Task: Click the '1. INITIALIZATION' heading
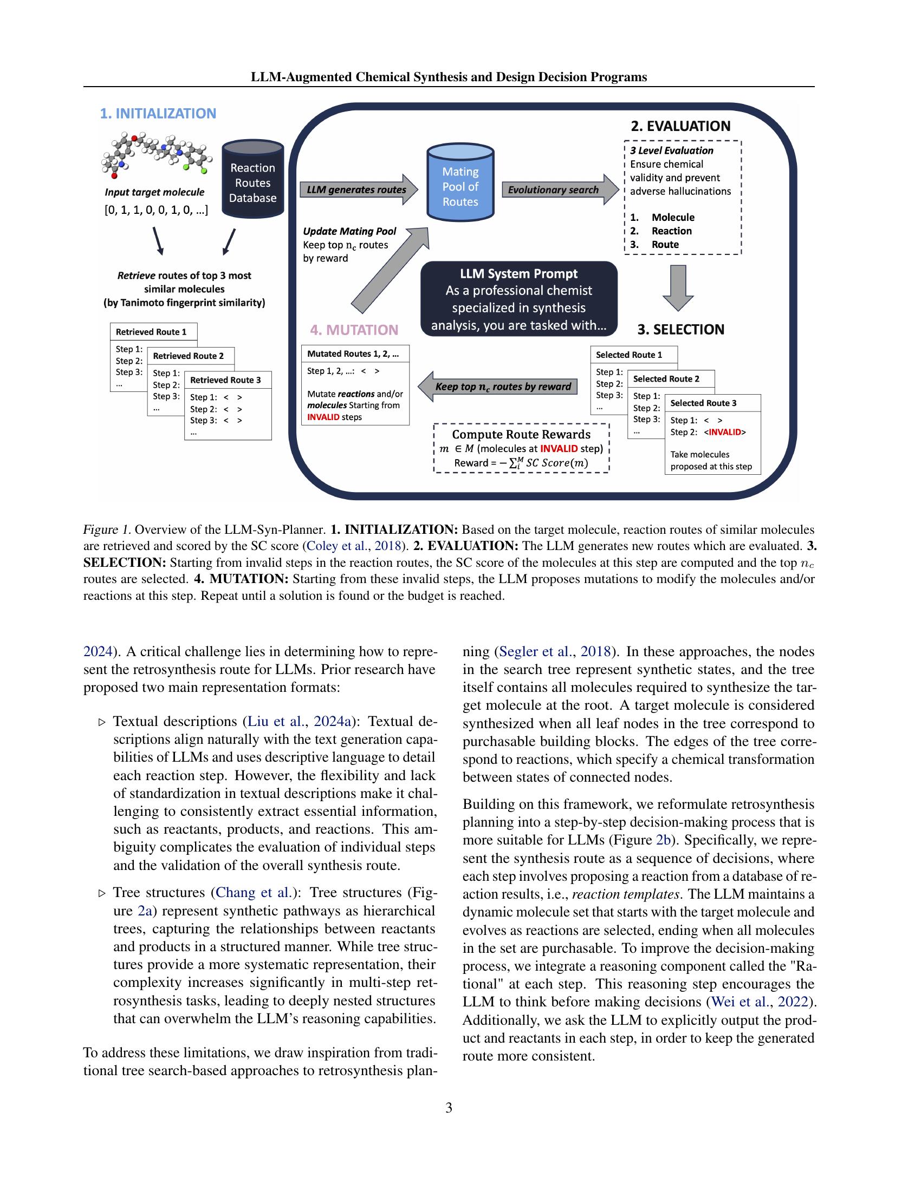click(x=158, y=114)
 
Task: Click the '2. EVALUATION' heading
click(x=680, y=126)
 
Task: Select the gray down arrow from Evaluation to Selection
click(x=678, y=287)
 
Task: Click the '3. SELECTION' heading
click(x=680, y=329)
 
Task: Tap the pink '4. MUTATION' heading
click(x=354, y=330)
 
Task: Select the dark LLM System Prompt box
click(x=518, y=299)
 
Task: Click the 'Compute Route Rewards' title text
click(x=521, y=434)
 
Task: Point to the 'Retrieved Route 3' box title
click(x=225, y=380)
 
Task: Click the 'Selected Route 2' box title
click(x=666, y=378)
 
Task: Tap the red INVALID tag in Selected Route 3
click(x=723, y=432)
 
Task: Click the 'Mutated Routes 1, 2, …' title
click(x=353, y=354)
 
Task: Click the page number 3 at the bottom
click(x=449, y=1108)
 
